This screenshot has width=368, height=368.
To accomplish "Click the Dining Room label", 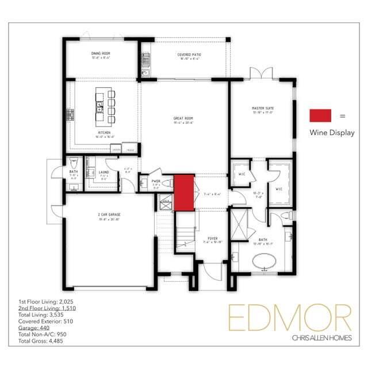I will pos(101,53).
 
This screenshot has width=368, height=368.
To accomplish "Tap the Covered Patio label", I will pos(189,54).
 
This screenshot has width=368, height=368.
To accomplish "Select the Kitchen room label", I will pos(103,132).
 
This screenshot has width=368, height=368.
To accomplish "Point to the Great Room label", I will pos(183,119).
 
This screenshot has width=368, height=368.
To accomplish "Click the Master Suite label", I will pos(262,108).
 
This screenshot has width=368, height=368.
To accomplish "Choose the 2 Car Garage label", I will pos(109,214).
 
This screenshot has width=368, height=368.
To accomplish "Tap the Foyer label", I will pos(212,236).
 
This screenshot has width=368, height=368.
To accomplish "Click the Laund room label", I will pos(103,172).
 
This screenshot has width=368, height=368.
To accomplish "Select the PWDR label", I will pos(155,181).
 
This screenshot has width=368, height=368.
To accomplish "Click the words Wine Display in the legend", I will pos(332,133).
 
